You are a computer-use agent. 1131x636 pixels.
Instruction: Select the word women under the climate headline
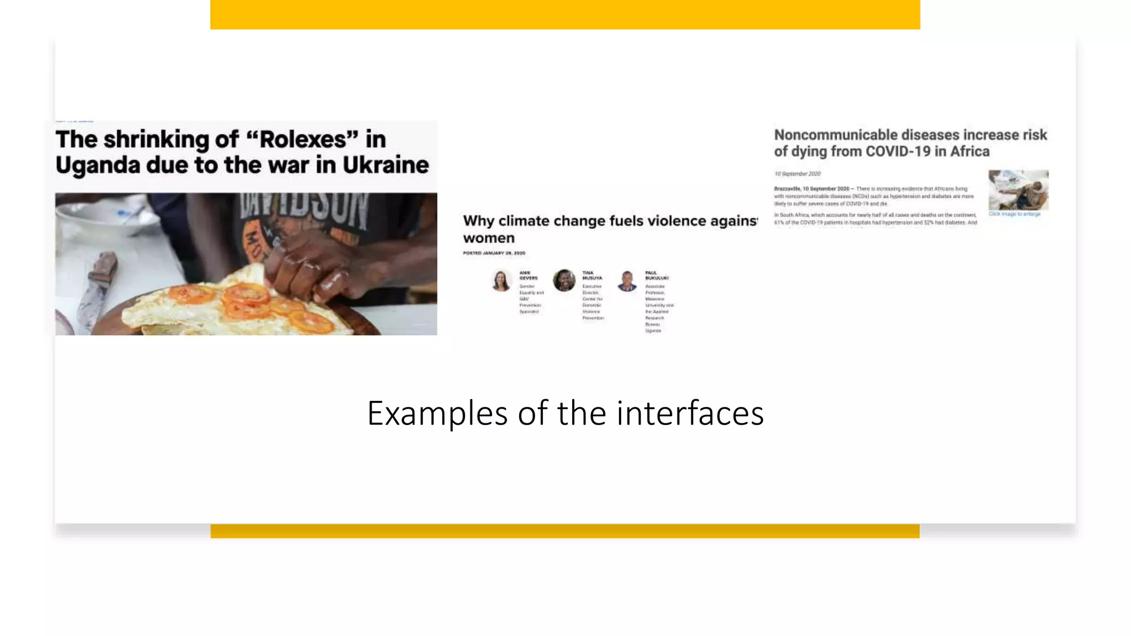click(x=489, y=238)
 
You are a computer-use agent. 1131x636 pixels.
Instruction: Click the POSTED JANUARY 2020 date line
click(x=494, y=253)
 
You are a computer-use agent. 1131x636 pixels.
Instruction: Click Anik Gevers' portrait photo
click(x=501, y=280)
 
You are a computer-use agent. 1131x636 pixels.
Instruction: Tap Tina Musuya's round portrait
click(x=564, y=280)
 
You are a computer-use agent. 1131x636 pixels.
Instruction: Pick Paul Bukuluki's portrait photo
click(x=627, y=280)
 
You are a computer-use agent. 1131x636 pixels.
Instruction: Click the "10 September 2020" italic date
click(x=797, y=174)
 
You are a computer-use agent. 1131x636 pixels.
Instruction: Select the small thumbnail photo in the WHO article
click(x=1018, y=190)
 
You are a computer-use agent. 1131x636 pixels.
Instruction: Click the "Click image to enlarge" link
click(x=1014, y=214)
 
